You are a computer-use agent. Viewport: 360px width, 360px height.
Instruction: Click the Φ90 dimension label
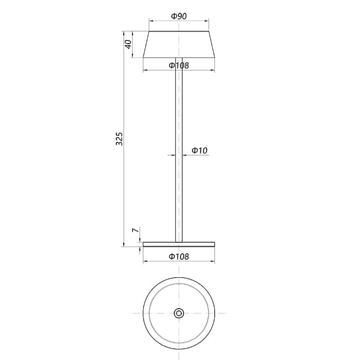179,16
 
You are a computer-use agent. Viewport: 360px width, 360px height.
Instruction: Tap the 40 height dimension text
128,45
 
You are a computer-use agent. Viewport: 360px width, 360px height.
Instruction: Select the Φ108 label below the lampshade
179,66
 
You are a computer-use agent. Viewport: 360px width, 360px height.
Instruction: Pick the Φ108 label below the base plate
179,257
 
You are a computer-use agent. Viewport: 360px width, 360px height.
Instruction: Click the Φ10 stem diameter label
199,151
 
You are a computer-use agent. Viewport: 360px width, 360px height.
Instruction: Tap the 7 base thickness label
134,231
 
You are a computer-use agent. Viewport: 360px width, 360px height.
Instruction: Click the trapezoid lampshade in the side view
179,45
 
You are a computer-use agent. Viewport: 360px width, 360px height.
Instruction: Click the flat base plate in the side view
179,244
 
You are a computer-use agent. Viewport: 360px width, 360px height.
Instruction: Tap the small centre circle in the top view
179,313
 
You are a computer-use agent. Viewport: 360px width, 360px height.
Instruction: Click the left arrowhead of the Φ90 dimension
151,21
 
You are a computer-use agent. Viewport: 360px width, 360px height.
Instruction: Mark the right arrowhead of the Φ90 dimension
207,21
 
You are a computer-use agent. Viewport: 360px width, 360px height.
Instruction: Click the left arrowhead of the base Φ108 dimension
145,262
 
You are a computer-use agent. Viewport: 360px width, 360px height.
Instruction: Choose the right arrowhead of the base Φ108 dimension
213,262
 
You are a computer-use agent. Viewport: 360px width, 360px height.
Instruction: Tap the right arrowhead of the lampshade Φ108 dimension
213,71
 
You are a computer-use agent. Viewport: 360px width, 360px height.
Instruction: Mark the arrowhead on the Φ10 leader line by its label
185,155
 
